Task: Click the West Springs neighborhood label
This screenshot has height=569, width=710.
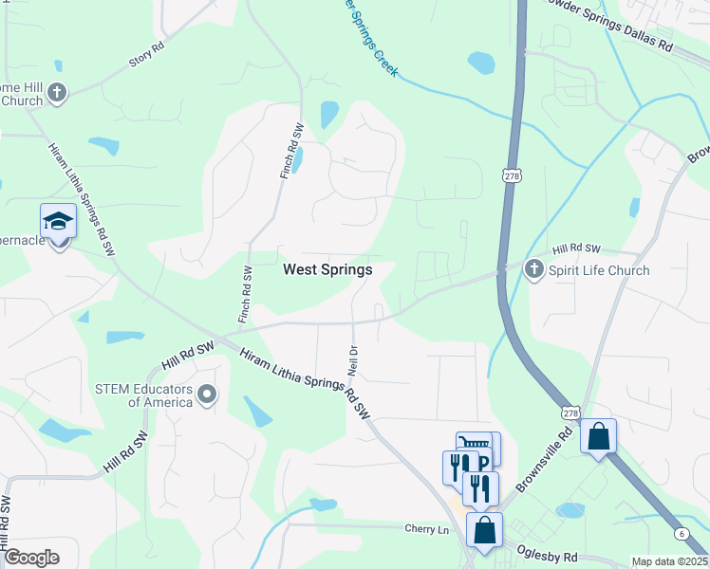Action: point(327,269)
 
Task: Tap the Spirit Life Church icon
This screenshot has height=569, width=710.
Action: point(533,270)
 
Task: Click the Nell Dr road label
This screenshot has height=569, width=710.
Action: point(353,358)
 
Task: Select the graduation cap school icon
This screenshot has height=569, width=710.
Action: point(59,222)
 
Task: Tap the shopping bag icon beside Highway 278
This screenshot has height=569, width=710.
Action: point(598,436)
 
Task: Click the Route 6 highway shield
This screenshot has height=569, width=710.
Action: point(682,534)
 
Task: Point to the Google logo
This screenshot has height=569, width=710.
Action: point(31,558)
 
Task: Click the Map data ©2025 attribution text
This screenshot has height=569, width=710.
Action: point(669,561)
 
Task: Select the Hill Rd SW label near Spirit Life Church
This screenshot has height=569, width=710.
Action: point(578,248)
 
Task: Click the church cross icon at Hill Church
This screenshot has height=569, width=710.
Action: point(57,93)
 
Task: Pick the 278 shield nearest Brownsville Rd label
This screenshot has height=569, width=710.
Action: point(570,413)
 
